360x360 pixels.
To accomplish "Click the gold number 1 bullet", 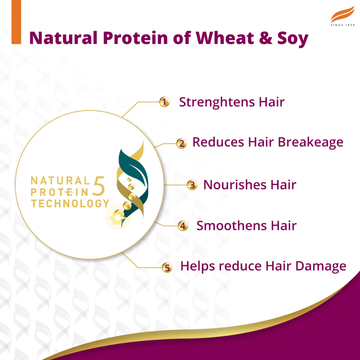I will point(164,102).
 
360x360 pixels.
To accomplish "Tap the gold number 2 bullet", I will point(181,144).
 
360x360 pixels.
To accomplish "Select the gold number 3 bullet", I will point(192,185).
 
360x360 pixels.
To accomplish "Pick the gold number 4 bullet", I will point(183,226).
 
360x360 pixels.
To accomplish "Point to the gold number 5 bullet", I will point(166,267).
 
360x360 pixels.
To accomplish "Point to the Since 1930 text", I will point(342,25).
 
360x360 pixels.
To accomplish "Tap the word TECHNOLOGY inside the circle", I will point(70,203).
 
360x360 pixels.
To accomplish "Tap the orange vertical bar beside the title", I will point(17,22).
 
